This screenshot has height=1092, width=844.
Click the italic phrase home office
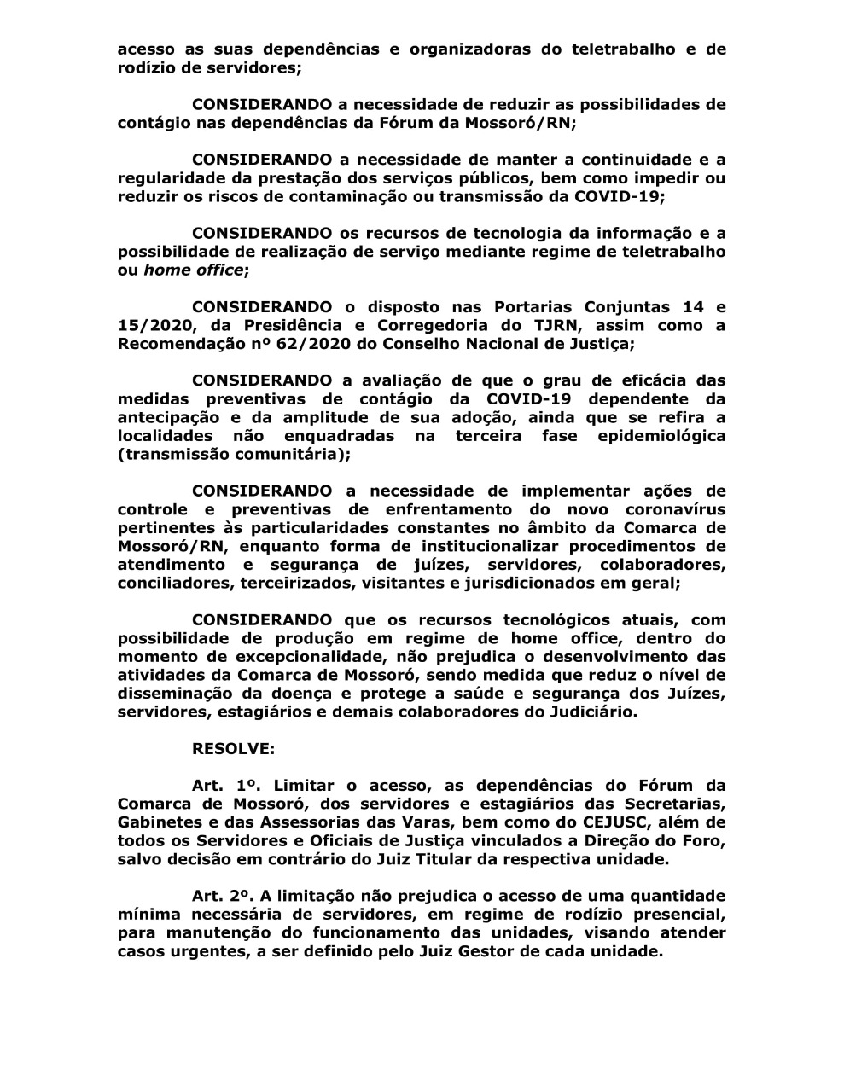pos(193,270)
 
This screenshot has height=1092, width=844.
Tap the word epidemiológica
pos(657,436)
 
